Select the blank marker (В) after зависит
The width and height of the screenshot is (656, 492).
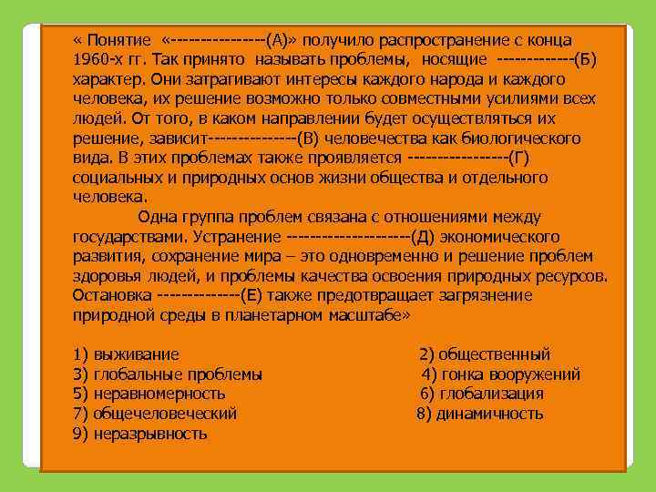(x=309, y=138)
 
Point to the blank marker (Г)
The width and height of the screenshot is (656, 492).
(x=516, y=159)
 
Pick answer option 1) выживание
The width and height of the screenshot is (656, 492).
(x=126, y=354)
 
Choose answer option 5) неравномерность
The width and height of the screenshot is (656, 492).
(x=149, y=394)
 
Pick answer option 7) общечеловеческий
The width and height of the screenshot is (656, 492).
(x=154, y=414)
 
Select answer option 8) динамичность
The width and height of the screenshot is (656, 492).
(x=480, y=414)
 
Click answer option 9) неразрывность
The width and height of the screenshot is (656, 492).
(x=139, y=434)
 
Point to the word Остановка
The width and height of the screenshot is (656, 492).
(x=111, y=295)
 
